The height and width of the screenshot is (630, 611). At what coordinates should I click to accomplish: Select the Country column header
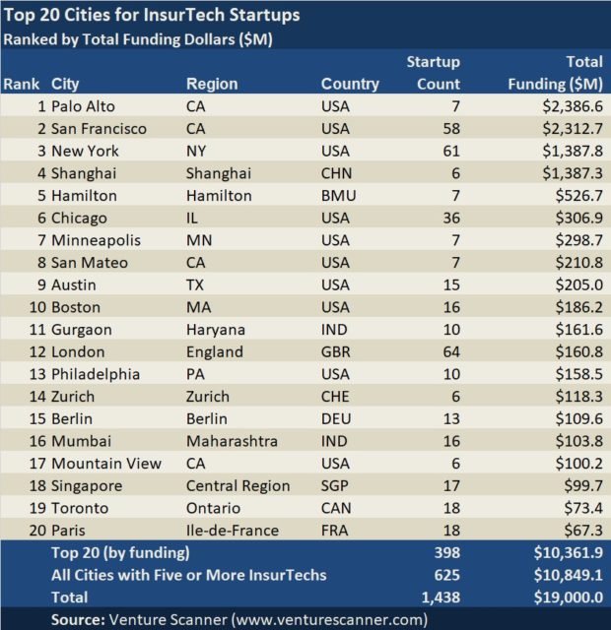pyautogui.click(x=350, y=84)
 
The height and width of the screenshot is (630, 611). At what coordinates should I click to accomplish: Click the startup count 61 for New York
pyautogui.click(x=449, y=151)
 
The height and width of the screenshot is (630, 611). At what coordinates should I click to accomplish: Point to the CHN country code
pyautogui.click(x=336, y=173)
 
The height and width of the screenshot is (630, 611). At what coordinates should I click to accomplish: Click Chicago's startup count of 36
pyautogui.click(x=449, y=218)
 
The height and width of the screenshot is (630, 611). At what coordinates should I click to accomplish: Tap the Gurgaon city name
pyautogui.click(x=82, y=330)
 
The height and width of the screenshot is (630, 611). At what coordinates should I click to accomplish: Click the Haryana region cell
pyautogui.click(x=216, y=330)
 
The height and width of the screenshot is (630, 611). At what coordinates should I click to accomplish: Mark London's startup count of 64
pyautogui.click(x=449, y=351)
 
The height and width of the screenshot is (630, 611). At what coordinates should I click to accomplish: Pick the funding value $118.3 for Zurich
pyautogui.click(x=576, y=397)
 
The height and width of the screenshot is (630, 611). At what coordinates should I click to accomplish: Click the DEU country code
pyautogui.click(x=337, y=418)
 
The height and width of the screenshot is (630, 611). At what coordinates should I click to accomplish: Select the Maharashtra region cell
pyautogui.click(x=231, y=441)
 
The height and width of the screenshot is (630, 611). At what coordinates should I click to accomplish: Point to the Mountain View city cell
pyautogui.click(x=106, y=464)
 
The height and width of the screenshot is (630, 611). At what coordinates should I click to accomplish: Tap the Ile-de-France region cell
pyautogui.click(x=233, y=531)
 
